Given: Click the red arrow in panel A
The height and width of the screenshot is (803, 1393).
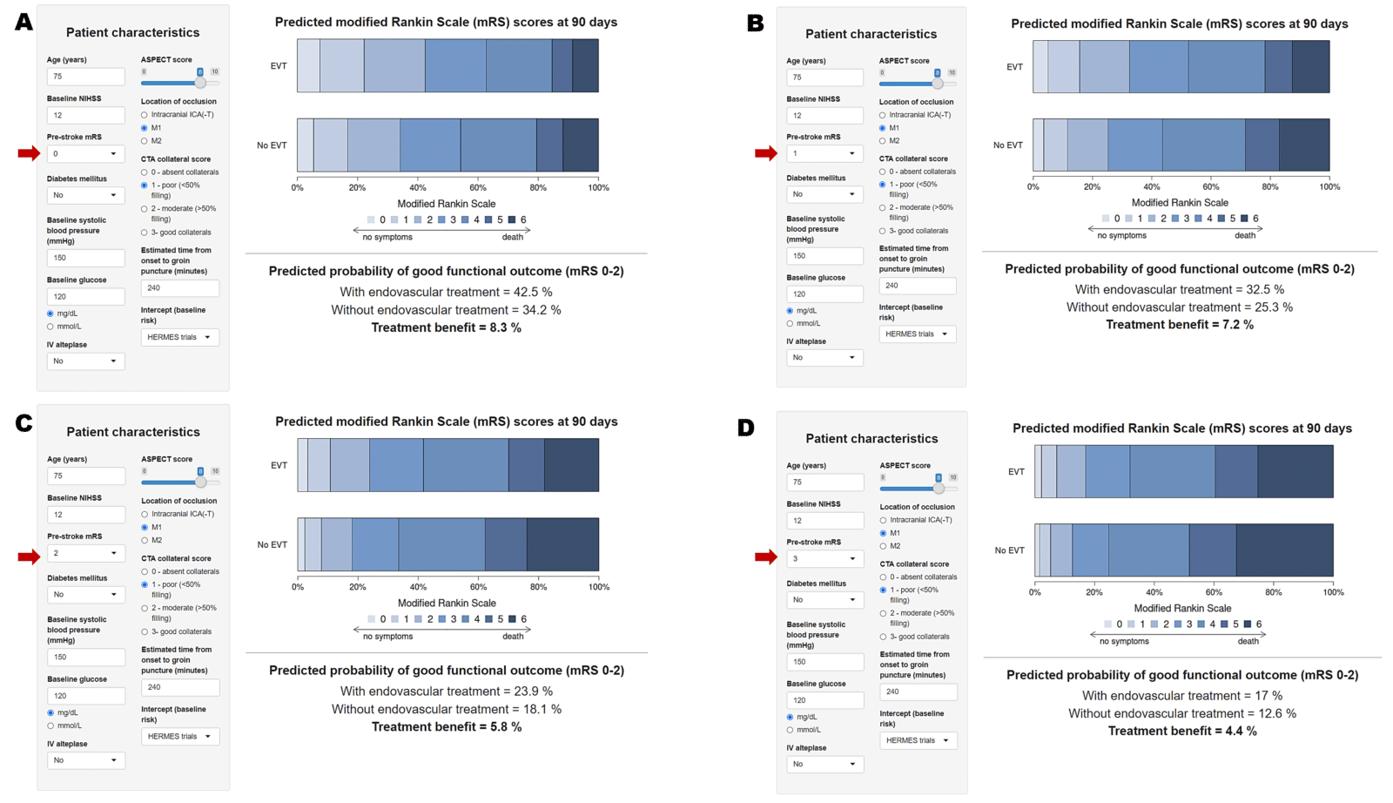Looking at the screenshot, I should coord(28,154).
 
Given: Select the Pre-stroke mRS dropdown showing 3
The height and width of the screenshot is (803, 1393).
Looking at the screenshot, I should coord(824,558).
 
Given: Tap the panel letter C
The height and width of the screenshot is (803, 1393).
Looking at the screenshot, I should coord(24,423).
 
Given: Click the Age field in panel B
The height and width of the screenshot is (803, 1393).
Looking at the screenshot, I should coord(824,77).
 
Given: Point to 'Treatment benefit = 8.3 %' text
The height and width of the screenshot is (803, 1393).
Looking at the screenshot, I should coord(446,327).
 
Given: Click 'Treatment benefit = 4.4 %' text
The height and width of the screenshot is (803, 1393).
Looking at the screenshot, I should coord(1181,731).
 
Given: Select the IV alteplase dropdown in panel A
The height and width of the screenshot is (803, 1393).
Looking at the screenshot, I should coord(85,361).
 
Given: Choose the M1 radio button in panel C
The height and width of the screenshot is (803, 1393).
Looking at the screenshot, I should coord(145,527).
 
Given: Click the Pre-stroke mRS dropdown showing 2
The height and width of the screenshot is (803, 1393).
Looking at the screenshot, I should coord(85,553).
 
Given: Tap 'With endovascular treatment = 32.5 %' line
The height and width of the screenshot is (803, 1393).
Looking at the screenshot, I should coord(1179,289).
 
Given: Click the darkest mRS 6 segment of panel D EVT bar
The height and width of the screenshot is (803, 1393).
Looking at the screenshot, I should coord(1295,471).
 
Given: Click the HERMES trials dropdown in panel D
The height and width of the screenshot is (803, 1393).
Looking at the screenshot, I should coord(918,740).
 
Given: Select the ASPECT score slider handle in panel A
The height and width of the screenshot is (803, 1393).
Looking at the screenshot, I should coord(200,83).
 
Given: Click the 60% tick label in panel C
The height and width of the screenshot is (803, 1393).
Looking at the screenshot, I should coord(478,587).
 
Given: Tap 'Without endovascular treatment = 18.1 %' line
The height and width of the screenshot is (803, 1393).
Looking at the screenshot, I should coord(446,709).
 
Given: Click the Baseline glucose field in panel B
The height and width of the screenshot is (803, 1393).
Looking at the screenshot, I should coord(824,294).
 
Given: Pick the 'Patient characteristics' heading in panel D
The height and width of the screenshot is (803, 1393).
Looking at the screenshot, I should coord(871,439).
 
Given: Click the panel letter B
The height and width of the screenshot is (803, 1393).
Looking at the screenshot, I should coord(755,24).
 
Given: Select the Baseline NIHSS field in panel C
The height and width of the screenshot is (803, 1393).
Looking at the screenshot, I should coord(85,515).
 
